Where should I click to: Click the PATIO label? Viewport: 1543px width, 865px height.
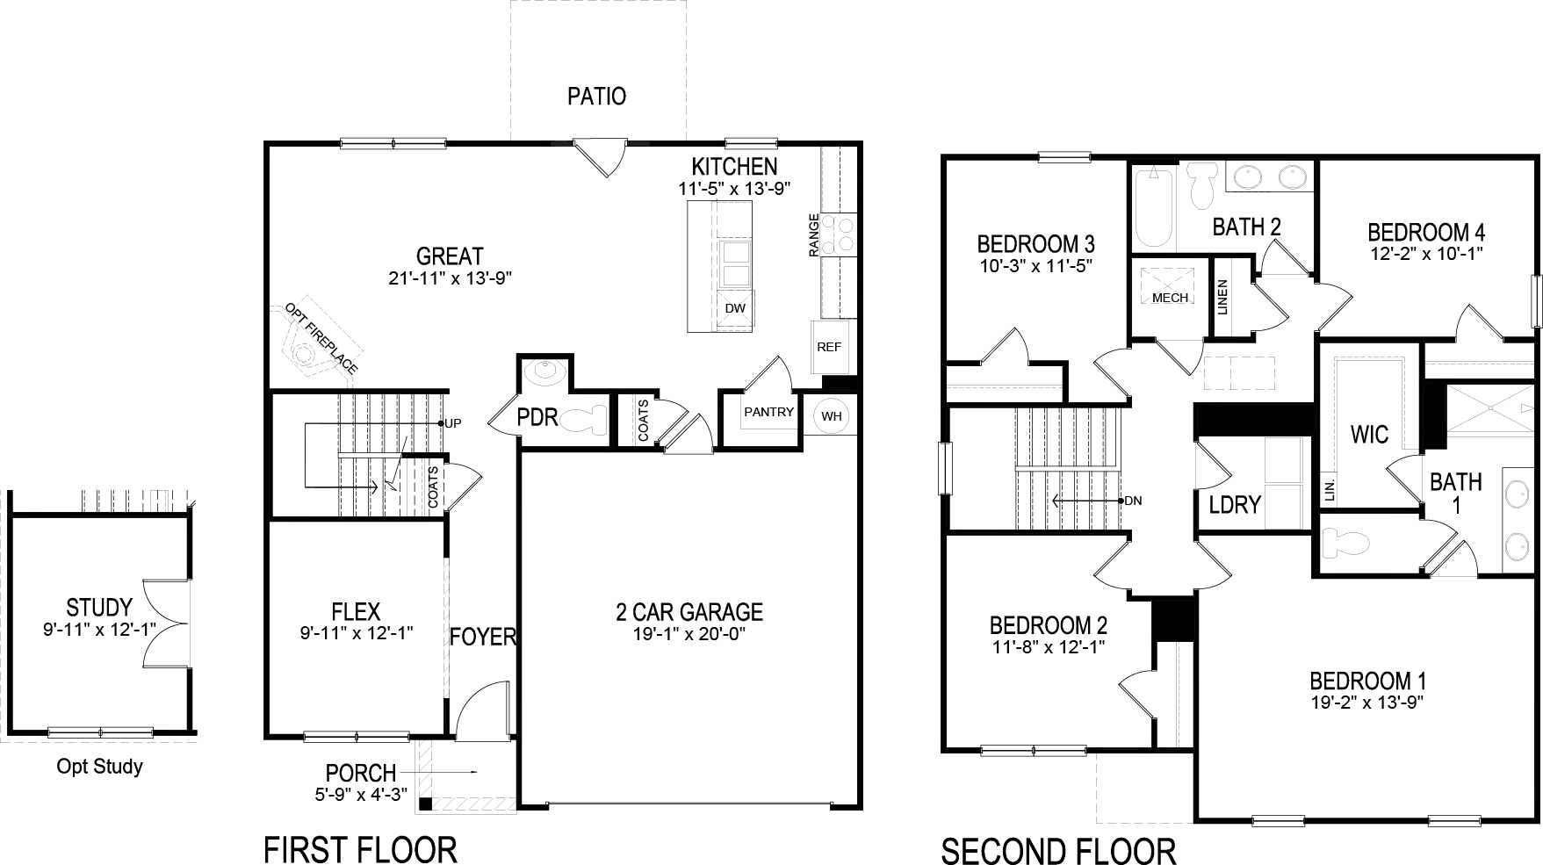coord(596,96)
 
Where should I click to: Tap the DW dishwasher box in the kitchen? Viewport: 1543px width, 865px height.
coord(735,308)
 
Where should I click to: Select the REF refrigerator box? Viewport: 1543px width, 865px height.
coord(829,347)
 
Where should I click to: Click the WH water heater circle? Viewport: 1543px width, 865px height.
coord(831,416)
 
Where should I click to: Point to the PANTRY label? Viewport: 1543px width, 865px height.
coord(768,412)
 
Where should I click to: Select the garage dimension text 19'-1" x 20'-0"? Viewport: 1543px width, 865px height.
coord(689,633)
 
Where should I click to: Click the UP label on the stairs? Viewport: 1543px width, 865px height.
coord(453,423)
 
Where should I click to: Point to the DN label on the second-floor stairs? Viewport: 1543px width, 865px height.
coord(1132,501)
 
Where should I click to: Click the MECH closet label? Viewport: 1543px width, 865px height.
coord(1170,298)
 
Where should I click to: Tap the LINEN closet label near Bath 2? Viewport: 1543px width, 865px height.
coord(1223,297)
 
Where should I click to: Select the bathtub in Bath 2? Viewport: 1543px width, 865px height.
coord(1153,209)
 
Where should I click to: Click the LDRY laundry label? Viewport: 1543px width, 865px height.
coord(1235,505)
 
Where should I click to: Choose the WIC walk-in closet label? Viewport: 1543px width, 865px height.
coord(1369,434)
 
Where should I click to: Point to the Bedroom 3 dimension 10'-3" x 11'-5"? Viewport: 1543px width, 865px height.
coord(1035,263)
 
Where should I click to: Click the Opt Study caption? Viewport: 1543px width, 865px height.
coord(99,767)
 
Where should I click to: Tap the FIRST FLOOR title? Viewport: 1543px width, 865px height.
coord(360,849)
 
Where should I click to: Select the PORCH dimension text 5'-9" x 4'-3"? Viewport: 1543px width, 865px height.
coord(361,795)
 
